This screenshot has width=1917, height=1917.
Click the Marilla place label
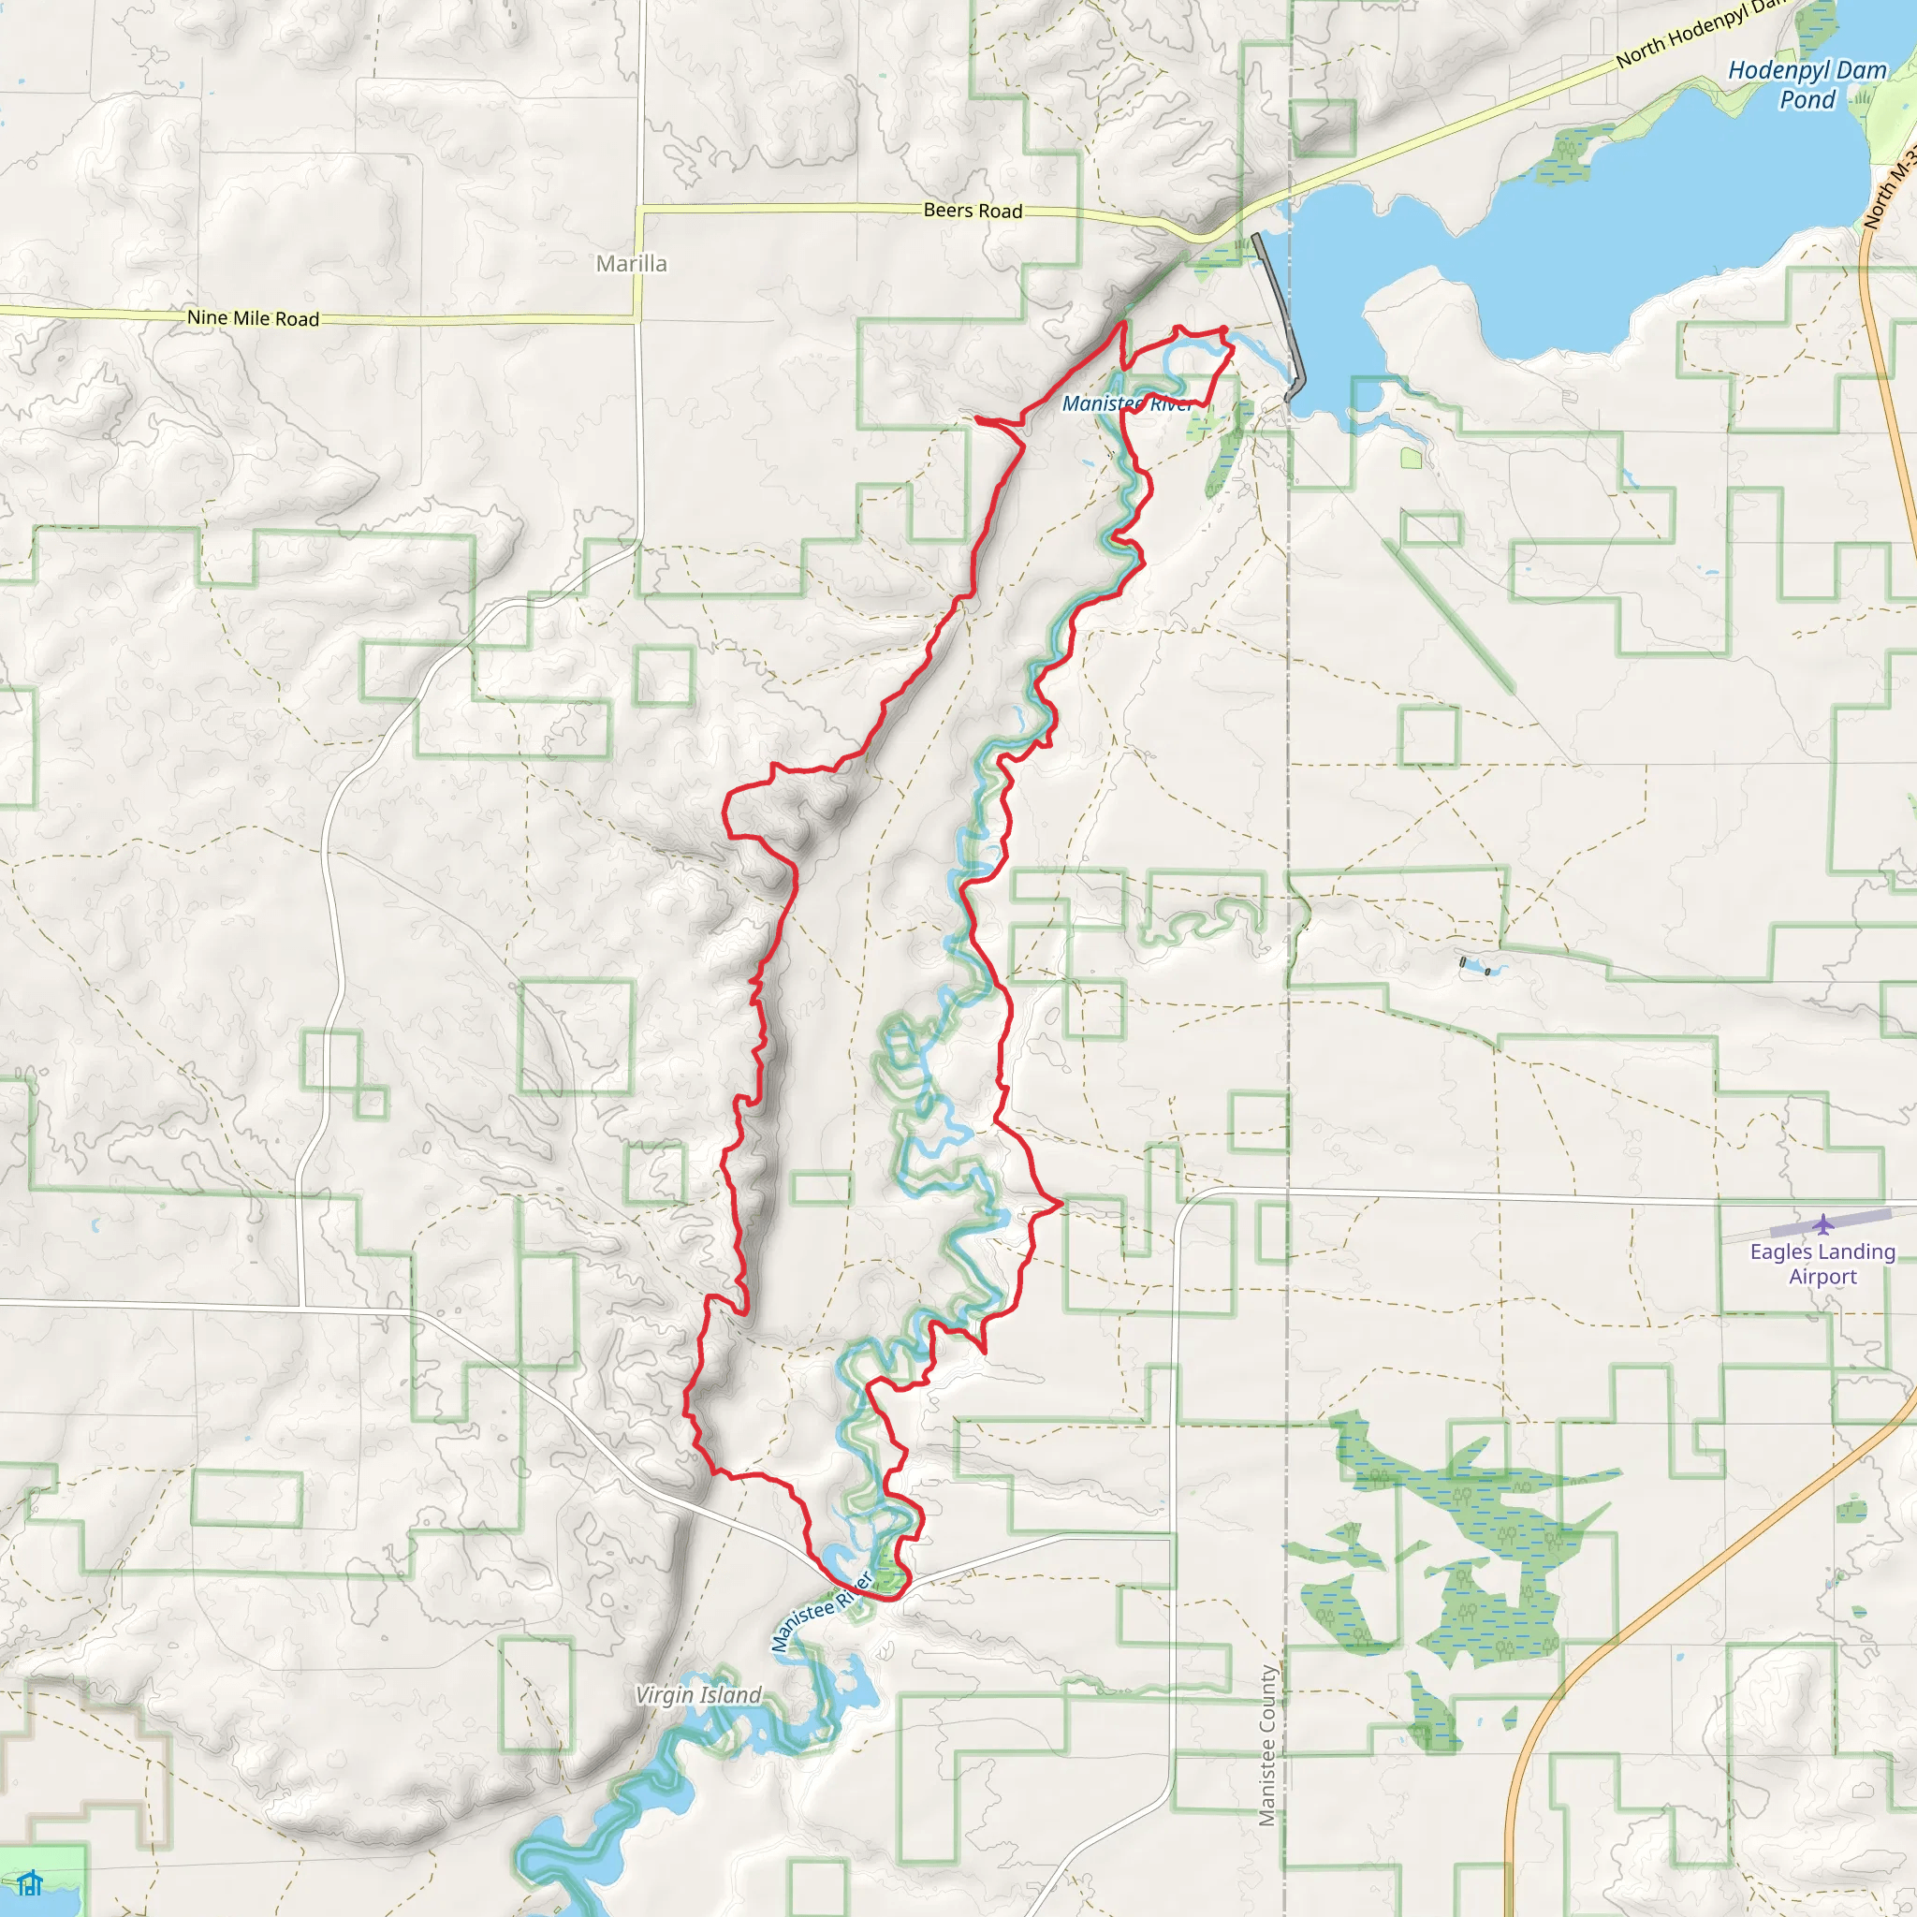point(631,264)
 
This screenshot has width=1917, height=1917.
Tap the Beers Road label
point(973,211)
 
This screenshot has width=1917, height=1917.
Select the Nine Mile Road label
point(253,318)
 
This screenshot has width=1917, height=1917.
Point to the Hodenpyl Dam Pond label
point(1807,84)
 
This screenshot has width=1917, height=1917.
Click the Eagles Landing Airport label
point(1822,1264)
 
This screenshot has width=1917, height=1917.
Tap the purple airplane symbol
point(1822,1224)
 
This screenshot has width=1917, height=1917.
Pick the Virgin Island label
point(697,1695)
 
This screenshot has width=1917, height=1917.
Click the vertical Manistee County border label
point(1267,1746)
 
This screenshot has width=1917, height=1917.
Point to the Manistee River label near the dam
point(1127,403)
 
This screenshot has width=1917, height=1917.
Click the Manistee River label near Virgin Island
point(822,1612)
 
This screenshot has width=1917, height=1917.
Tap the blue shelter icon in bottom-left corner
point(30,1882)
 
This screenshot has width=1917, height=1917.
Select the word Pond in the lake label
point(1807,99)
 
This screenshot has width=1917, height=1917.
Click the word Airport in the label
point(1822,1277)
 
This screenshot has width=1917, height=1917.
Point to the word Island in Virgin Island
point(728,1695)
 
